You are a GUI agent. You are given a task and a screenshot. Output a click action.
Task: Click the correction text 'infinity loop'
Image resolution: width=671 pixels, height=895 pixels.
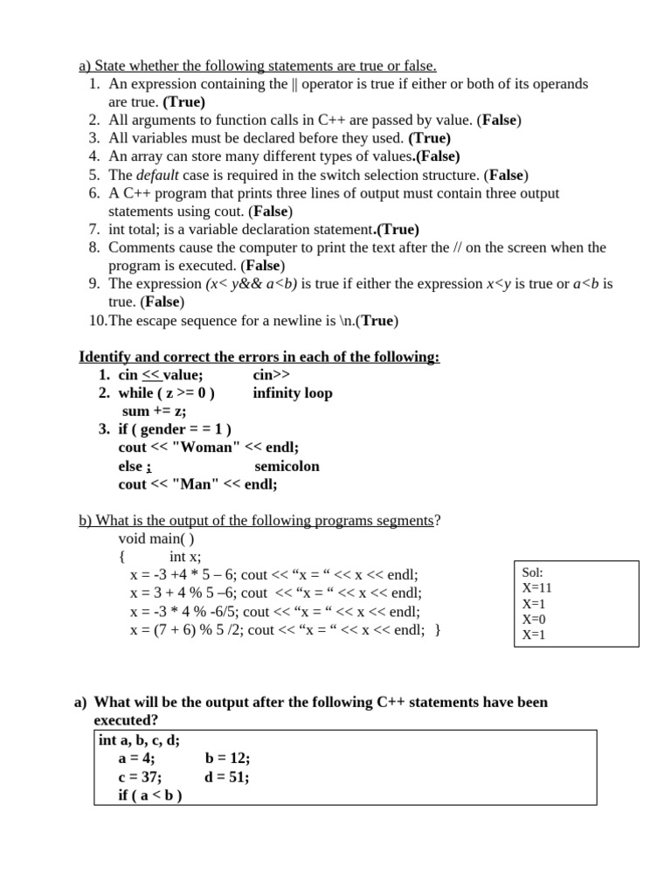293,393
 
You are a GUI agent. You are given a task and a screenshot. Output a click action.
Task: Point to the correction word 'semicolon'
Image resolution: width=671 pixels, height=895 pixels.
287,466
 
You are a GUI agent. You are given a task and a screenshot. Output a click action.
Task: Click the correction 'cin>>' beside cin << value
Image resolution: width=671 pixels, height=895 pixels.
272,375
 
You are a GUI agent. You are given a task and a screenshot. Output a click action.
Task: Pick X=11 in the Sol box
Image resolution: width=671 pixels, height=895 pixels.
537,588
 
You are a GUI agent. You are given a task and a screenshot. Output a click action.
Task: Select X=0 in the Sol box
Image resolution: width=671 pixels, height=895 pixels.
534,619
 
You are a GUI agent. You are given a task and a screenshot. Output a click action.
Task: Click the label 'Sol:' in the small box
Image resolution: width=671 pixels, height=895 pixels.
533,572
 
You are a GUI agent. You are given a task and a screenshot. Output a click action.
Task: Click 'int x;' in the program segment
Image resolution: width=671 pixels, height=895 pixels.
185,557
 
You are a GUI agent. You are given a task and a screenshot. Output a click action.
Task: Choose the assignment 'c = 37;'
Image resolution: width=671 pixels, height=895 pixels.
140,777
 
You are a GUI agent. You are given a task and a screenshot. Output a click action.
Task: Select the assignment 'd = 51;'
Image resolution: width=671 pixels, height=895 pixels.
227,777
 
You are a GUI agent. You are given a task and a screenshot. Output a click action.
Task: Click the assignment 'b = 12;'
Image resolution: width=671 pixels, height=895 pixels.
227,759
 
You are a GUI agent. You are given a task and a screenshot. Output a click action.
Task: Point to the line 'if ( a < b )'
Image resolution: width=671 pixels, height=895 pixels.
150,795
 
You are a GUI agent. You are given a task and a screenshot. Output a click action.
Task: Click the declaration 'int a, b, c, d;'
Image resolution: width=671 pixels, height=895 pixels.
140,740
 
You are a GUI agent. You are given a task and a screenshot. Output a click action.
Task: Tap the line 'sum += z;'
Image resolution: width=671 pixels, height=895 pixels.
154,411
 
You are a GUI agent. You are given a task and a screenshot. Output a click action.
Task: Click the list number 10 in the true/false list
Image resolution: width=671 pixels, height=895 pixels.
97,320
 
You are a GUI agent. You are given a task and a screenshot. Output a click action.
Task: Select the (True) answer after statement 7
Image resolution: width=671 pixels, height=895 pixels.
398,230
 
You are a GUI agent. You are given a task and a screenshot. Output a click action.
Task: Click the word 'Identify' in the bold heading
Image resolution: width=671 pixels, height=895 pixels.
106,357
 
